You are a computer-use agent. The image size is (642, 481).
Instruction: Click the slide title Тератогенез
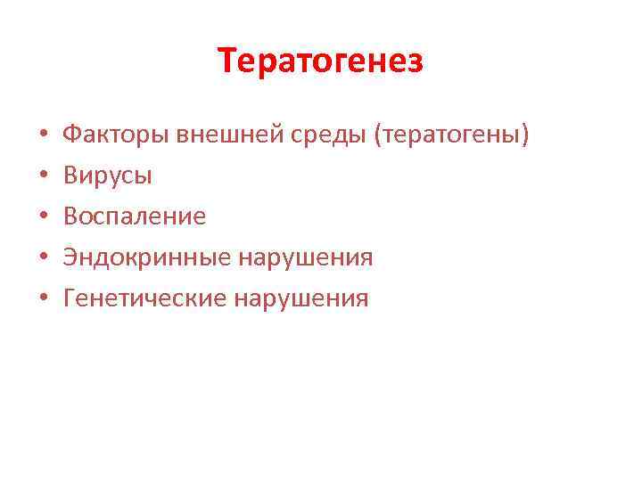321,61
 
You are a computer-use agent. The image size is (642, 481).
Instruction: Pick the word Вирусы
107,176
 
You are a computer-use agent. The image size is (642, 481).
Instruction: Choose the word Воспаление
134,216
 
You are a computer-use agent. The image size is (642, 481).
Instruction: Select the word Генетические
144,298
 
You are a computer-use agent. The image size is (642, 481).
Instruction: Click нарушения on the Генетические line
300,298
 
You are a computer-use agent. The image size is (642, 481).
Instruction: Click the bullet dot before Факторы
43,137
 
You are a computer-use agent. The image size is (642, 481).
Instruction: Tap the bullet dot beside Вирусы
43,177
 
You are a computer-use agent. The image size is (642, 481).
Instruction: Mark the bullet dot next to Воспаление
43,217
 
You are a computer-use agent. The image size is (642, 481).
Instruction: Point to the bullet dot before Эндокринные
43,258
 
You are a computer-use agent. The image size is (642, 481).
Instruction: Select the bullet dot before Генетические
43,298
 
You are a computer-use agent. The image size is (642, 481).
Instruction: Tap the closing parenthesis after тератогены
526,136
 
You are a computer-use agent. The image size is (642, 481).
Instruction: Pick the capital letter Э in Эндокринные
70,257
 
